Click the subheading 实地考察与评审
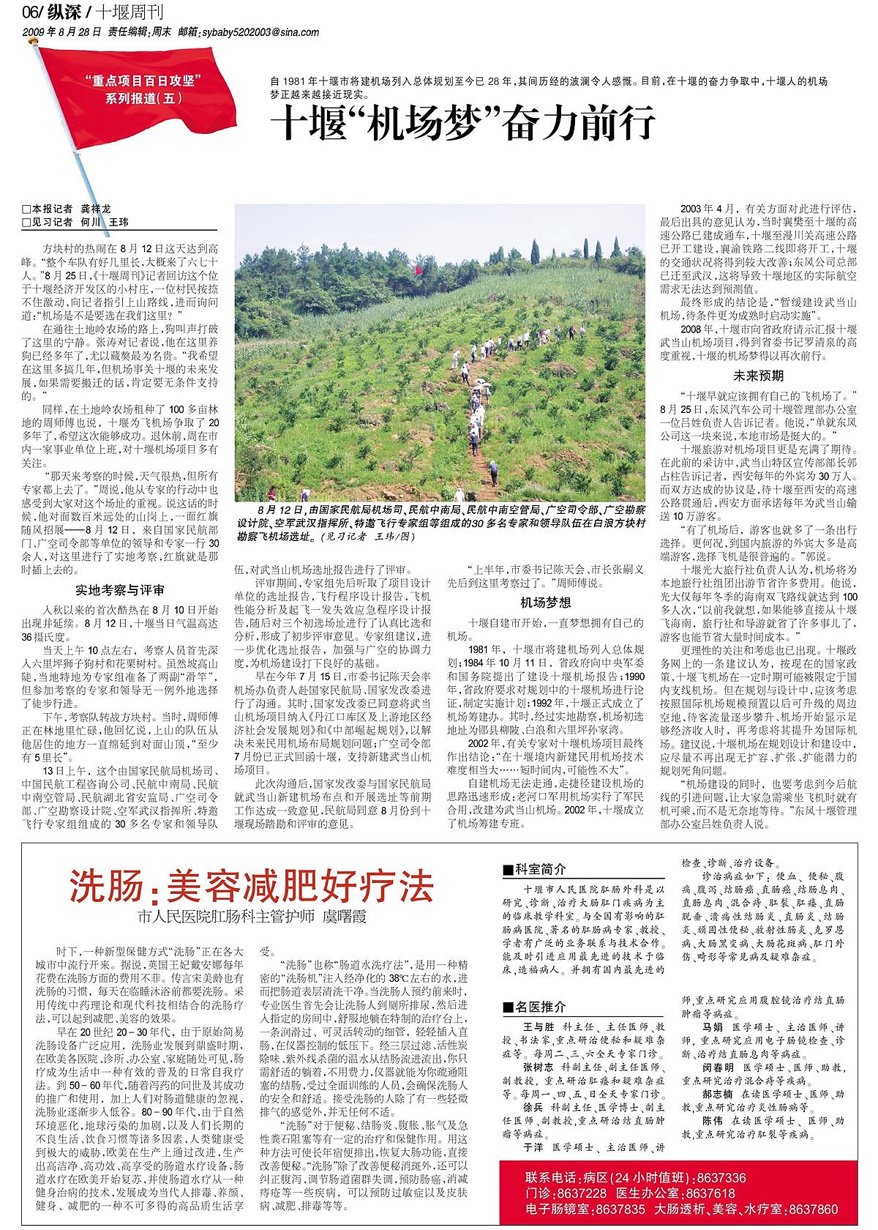(x=120, y=589)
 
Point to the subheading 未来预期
(x=758, y=376)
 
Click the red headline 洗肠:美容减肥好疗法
(x=252, y=887)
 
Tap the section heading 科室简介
(x=539, y=869)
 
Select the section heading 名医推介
(x=539, y=1007)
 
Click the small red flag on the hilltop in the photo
(x=419, y=270)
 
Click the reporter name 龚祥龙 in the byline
(x=96, y=209)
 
